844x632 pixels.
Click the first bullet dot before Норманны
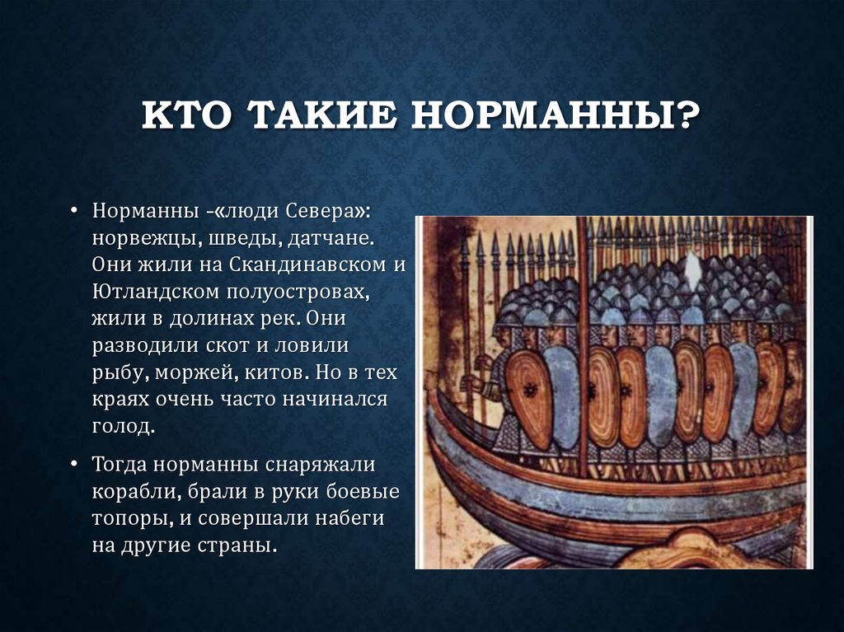point(74,210)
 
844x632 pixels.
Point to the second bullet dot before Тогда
point(74,464)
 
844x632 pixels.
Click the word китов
point(277,372)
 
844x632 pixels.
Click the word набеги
point(349,517)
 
